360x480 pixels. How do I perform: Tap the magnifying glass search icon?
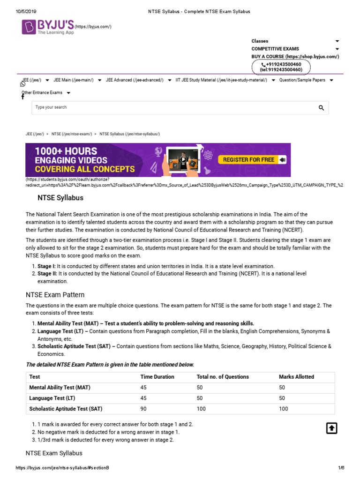pyautogui.click(x=321, y=108)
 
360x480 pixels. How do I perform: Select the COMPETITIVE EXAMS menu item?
pyautogui.click(x=275, y=49)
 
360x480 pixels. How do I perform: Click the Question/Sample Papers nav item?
pyautogui.click(x=302, y=80)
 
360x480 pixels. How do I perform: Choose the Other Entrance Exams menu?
pyautogui.click(x=43, y=93)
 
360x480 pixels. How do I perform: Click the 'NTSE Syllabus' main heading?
pyautogui.click(x=60, y=198)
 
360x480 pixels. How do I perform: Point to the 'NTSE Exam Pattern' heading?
pyautogui.click(x=55, y=295)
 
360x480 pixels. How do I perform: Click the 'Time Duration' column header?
pyautogui.click(x=157, y=377)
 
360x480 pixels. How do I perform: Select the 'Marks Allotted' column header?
pyautogui.click(x=296, y=377)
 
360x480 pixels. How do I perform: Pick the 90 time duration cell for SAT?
pyautogui.click(x=143, y=409)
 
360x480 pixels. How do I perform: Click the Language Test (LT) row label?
pyautogui.click(x=52, y=398)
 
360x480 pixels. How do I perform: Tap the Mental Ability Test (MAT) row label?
pyautogui.click(x=60, y=388)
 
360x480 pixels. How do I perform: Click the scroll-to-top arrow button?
pyautogui.click(x=331, y=428)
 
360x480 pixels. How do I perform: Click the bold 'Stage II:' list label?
pyautogui.click(x=47, y=273)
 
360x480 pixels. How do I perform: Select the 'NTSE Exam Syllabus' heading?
pyautogui.click(x=53, y=453)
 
